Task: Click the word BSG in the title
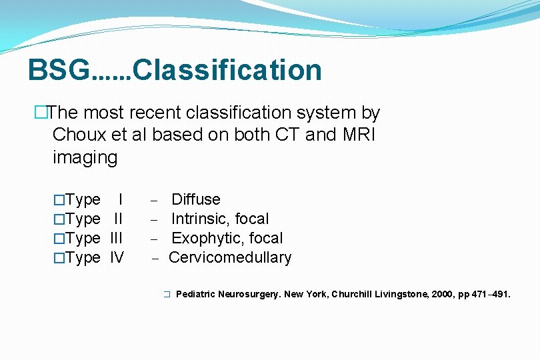tap(58, 70)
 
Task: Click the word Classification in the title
tap(227, 70)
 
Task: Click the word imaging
tap(85, 158)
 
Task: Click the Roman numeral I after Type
tap(120, 199)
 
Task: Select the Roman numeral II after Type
tap(118, 219)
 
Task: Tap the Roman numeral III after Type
tap(116, 238)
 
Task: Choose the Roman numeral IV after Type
tap(117, 257)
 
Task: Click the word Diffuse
tap(196, 199)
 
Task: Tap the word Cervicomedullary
tap(230, 257)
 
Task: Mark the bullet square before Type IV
tap(59, 258)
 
